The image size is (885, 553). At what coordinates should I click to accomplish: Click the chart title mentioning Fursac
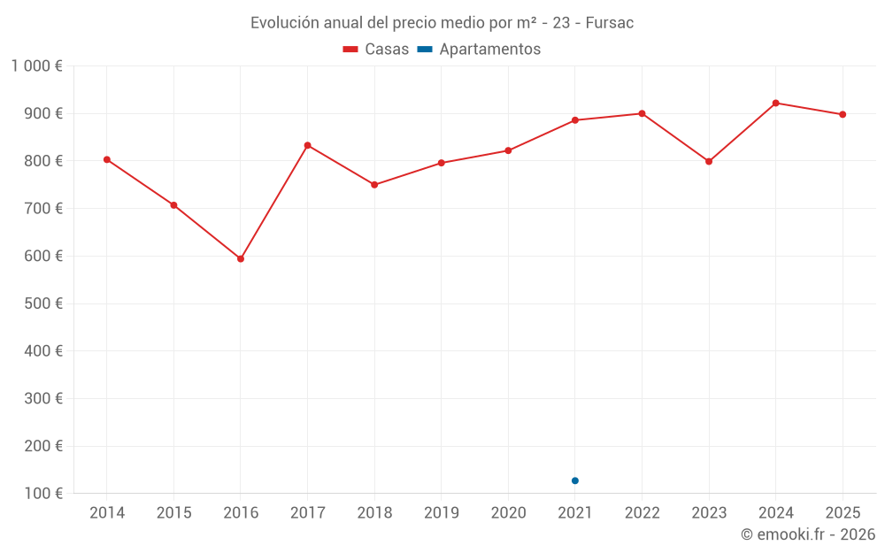tap(442, 23)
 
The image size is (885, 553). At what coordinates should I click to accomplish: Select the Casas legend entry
tap(376, 50)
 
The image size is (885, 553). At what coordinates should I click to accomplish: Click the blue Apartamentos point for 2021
tap(575, 480)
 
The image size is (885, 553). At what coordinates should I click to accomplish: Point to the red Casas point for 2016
tap(241, 259)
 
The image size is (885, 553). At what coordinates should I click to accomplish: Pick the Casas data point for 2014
tap(107, 160)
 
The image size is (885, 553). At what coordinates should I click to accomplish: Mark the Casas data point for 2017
tap(307, 145)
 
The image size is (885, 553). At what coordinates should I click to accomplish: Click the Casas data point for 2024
tap(776, 104)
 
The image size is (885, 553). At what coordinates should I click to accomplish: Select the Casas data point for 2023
tap(709, 162)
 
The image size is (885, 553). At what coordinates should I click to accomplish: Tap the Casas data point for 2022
tap(642, 113)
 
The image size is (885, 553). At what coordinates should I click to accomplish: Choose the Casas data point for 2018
tap(374, 185)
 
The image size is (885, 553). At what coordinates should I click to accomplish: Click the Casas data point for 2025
tap(843, 114)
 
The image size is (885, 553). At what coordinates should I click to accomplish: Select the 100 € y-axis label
tap(42, 494)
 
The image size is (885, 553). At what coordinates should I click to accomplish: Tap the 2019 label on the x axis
tap(441, 513)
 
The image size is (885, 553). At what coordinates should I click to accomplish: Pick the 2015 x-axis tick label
tap(173, 513)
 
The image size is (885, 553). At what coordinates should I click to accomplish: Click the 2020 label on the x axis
tap(508, 513)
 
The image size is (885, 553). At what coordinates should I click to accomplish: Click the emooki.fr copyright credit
tap(807, 534)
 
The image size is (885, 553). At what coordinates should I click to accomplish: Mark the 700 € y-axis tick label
tap(42, 209)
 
